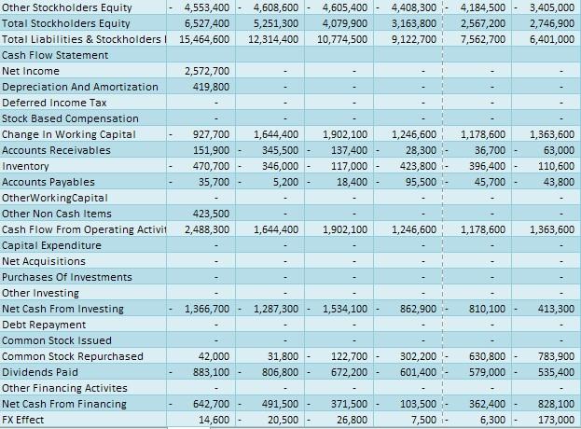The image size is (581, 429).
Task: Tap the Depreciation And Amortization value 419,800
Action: point(212,87)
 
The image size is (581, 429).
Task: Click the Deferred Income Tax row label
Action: point(54,103)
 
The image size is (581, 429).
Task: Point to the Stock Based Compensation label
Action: point(70,118)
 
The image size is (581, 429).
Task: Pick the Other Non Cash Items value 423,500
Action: point(212,213)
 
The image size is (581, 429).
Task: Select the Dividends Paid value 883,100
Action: point(212,371)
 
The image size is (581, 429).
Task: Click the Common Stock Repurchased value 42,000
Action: point(214,355)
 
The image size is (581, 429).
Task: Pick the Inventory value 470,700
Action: point(212,166)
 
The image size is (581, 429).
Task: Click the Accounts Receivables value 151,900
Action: point(212,150)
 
